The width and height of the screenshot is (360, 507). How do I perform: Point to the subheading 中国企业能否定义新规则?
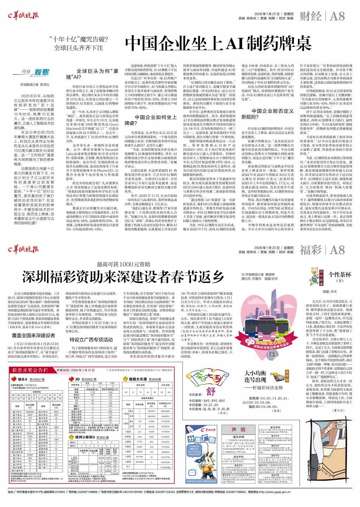click(267, 114)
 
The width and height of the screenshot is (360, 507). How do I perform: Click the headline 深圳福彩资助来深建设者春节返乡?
click(123, 276)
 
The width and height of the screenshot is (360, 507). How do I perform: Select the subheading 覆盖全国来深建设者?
click(34, 335)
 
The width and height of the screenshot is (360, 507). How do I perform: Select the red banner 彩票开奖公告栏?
click(30, 370)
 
